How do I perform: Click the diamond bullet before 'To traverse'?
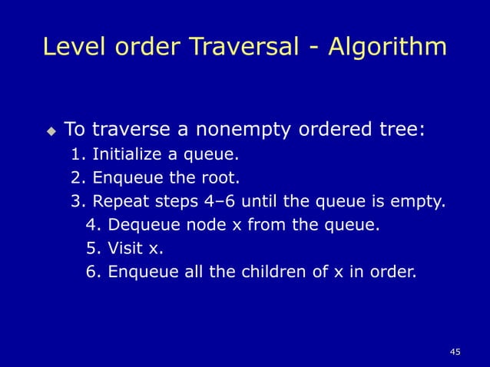[51, 131]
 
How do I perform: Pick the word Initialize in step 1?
[126, 156]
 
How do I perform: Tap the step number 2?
[77, 180]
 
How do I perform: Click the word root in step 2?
[223, 180]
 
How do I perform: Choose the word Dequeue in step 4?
[138, 226]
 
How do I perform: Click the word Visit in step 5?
[123, 249]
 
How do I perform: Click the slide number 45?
[455, 352]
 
